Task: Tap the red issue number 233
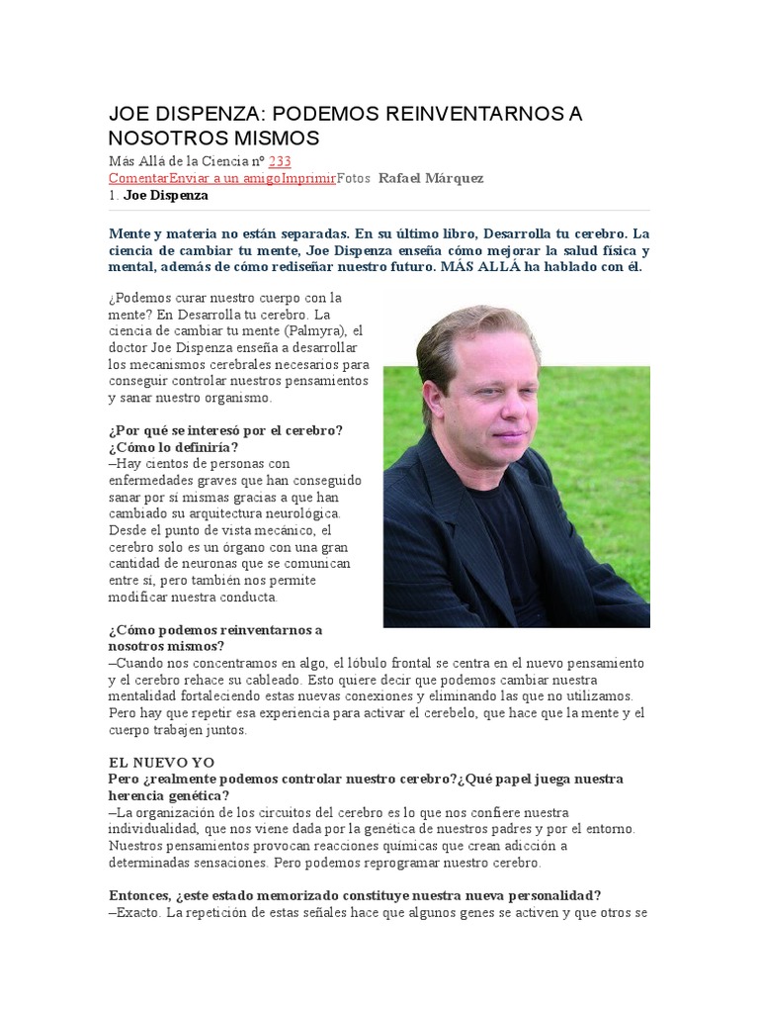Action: [280, 161]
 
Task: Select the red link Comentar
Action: [138, 178]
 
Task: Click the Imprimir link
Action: [308, 178]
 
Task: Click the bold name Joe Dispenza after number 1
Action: [166, 195]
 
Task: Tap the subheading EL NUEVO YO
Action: [161, 762]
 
